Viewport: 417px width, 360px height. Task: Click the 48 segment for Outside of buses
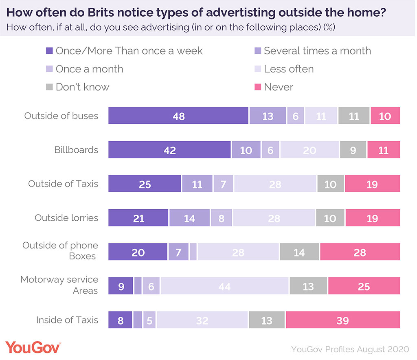coord(178,116)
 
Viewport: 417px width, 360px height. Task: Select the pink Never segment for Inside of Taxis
coord(343,320)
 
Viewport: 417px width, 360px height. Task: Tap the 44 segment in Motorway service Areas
coord(224,286)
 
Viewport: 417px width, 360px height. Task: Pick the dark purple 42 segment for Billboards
coord(169,150)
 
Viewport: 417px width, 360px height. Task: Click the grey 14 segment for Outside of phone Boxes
coord(299,252)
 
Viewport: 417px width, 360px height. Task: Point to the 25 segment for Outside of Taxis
coord(145,184)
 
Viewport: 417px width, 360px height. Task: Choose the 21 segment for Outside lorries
coord(138,218)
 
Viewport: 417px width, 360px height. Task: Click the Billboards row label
coord(76,150)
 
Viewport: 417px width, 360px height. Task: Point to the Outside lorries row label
coord(66,218)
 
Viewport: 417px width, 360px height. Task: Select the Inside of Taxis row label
coord(67,320)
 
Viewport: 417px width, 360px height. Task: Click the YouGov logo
coord(33,348)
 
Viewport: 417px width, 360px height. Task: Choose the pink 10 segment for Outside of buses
coord(385,116)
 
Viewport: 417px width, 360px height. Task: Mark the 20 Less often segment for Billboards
coord(309,150)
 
